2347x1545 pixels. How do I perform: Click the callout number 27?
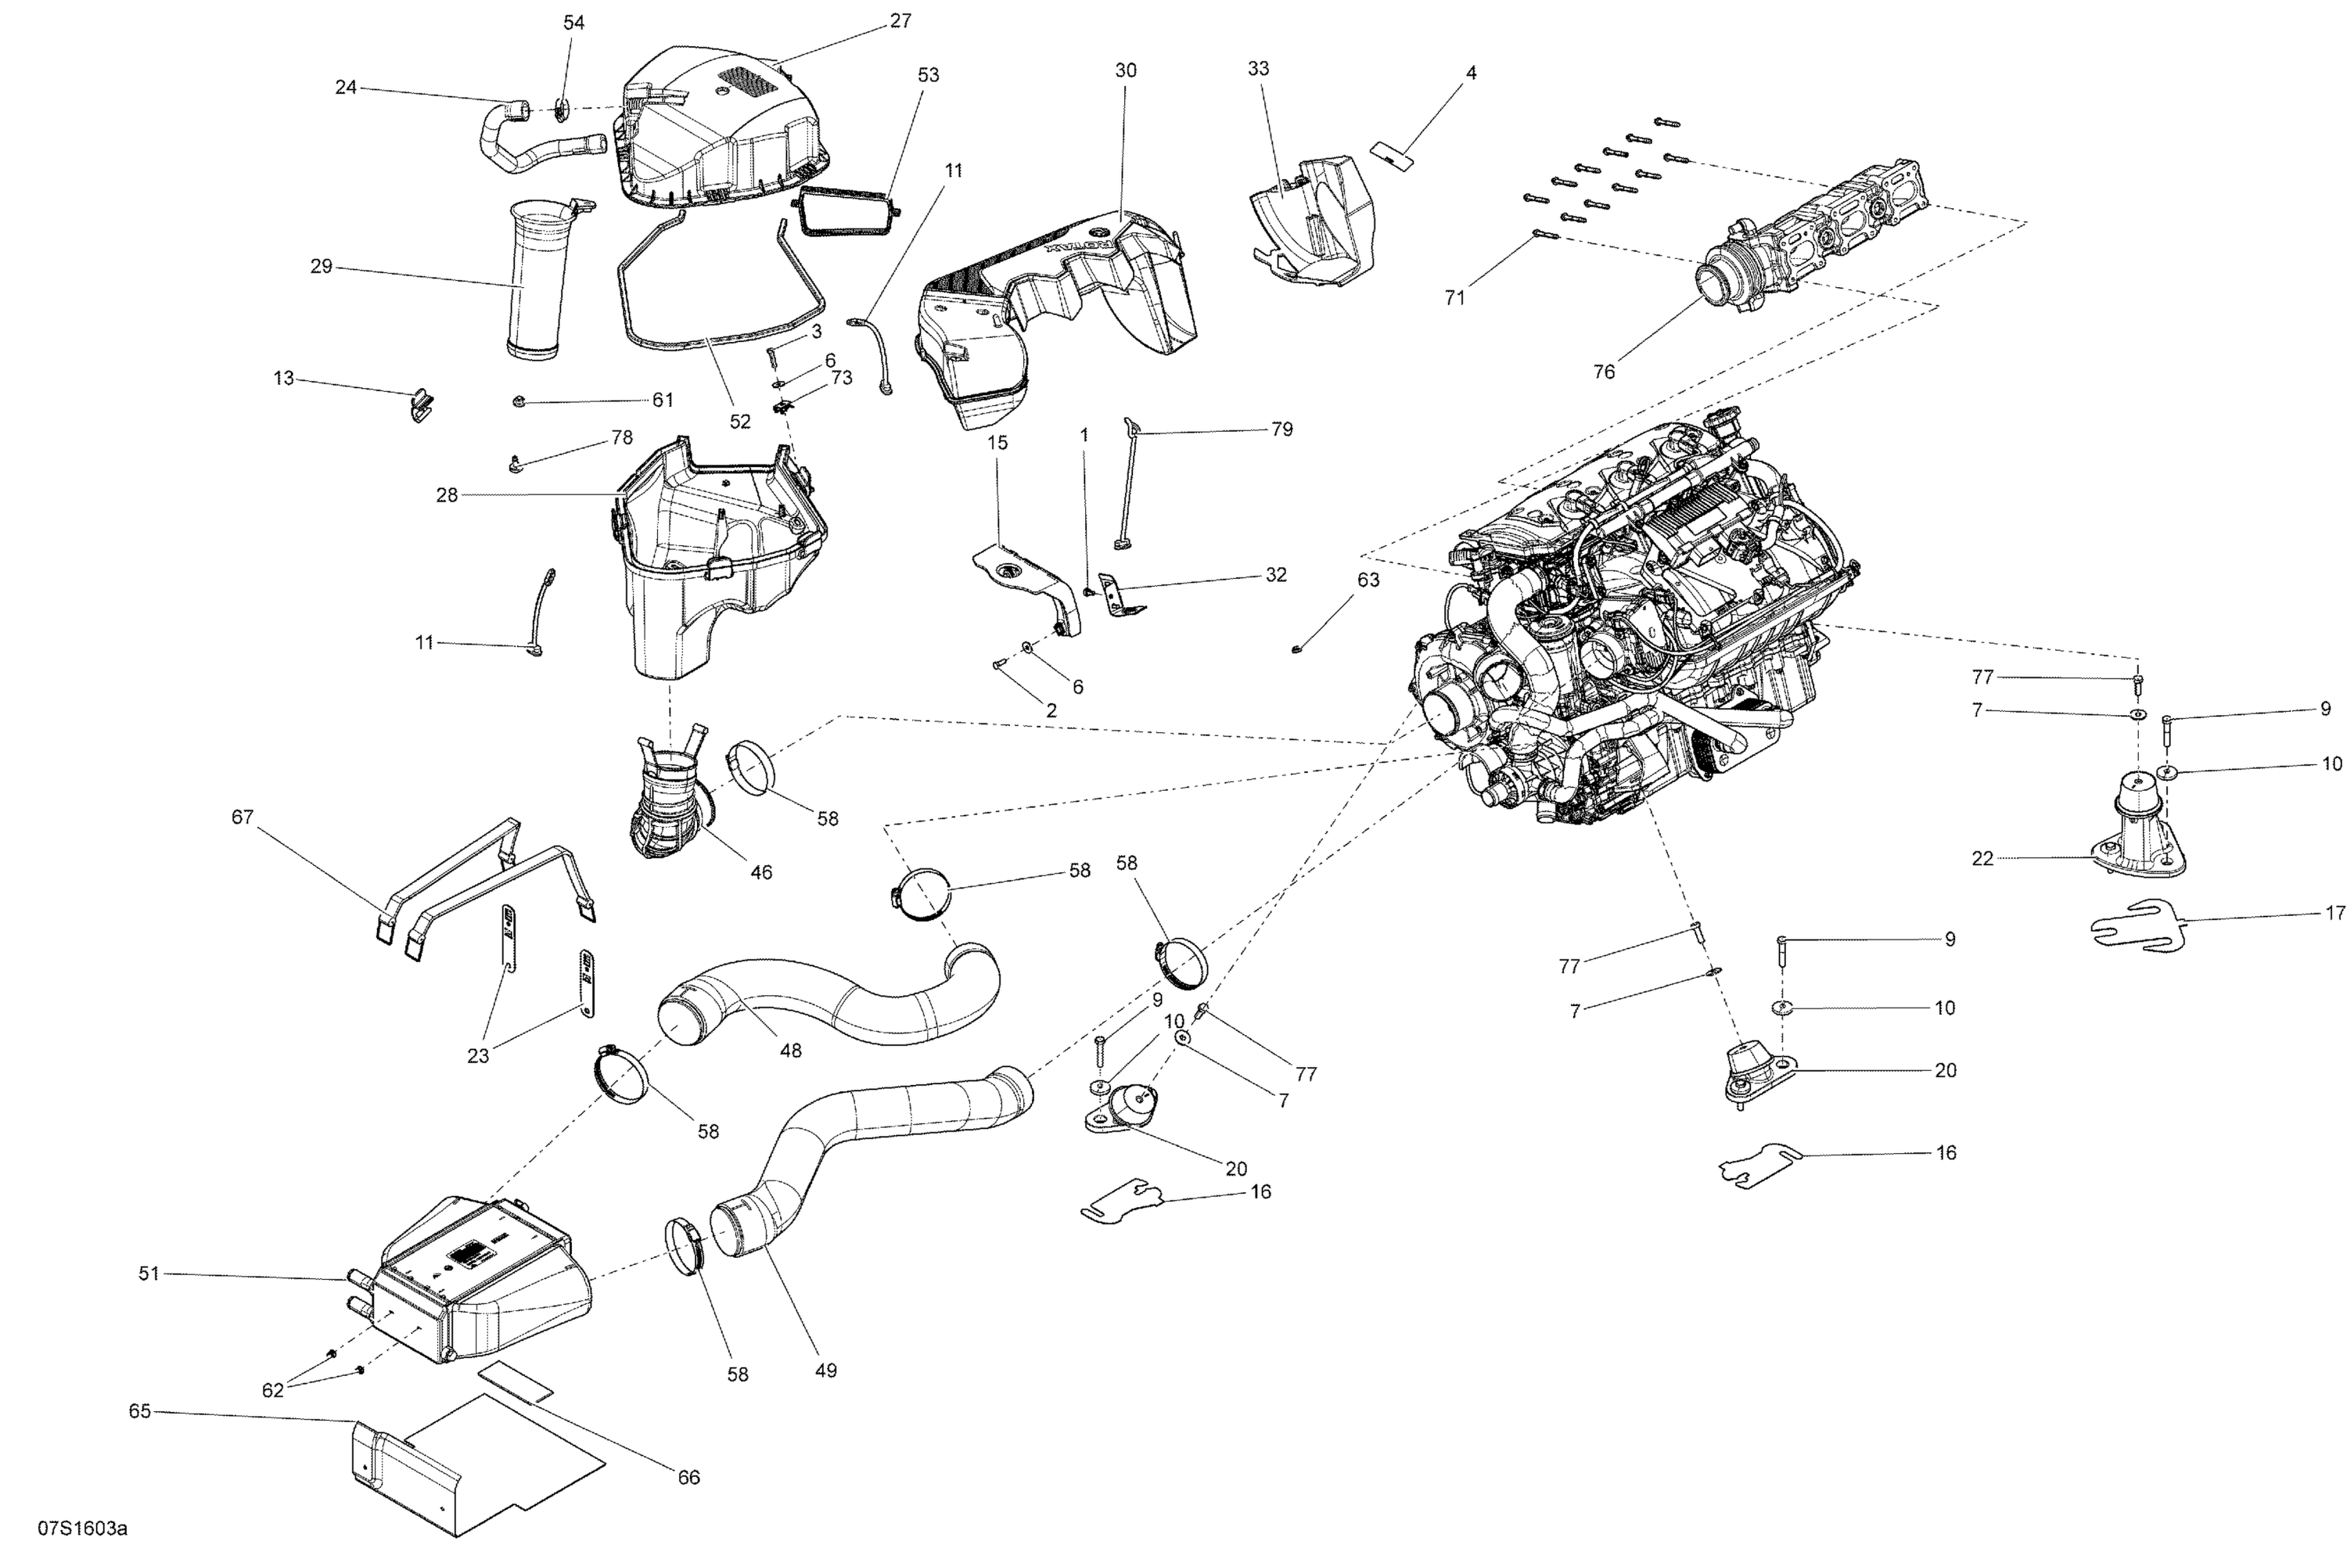900,20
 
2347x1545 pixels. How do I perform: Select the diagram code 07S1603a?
83,1529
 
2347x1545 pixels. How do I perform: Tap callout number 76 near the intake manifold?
1605,372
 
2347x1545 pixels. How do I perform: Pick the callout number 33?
1258,69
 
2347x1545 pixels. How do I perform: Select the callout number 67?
243,817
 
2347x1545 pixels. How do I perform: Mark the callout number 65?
140,1411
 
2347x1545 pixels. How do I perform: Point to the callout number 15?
998,443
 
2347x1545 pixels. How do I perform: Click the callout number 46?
761,871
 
